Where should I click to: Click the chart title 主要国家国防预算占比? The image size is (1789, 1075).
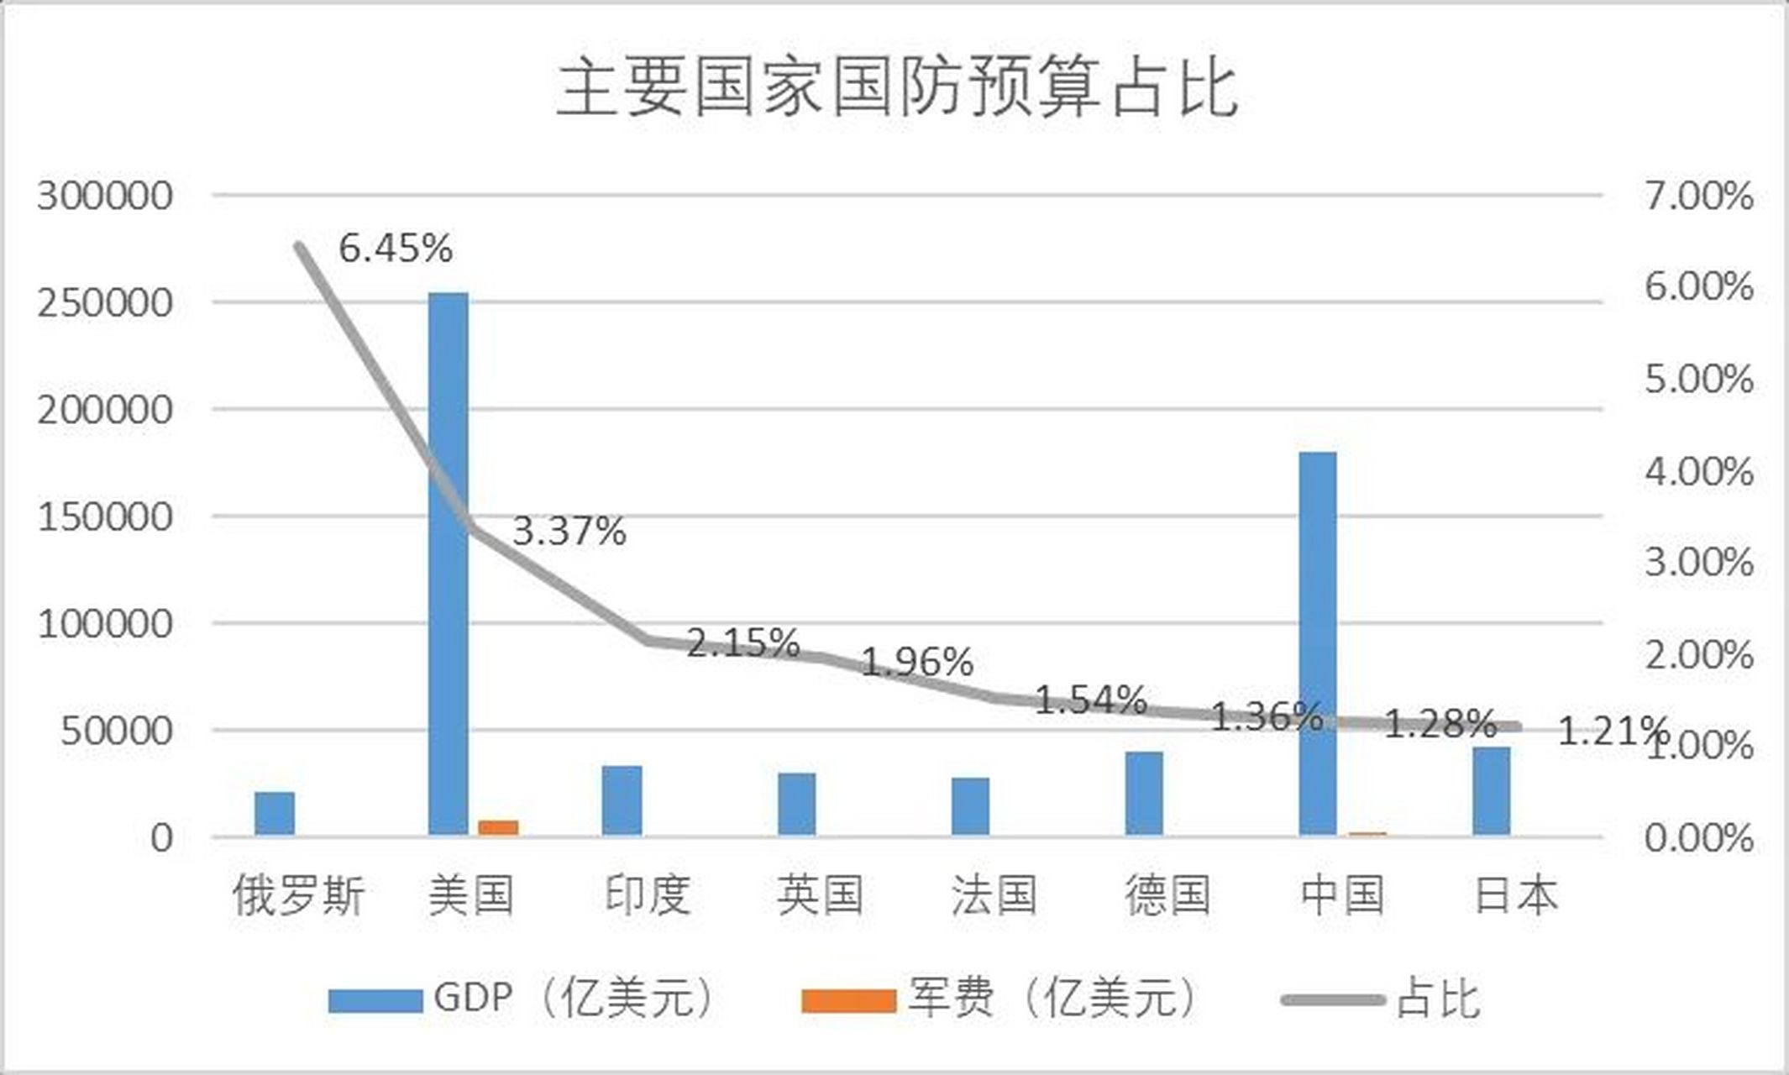point(896,88)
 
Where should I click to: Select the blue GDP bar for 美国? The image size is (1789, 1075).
point(448,563)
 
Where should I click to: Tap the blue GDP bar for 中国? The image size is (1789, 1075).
point(1318,642)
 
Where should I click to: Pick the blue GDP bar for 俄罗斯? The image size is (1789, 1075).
point(275,813)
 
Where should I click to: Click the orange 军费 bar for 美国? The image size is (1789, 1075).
point(498,827)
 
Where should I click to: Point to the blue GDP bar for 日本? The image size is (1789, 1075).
point(1491,790)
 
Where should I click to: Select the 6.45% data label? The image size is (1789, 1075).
point(396,249)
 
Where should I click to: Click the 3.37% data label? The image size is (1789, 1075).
point(569,532)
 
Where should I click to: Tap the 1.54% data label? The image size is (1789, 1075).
point(1090,700)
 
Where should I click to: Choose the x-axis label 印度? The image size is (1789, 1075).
point(647,895)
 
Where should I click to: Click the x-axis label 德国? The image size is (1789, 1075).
point(1167,895)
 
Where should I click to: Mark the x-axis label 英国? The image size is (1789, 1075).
point(820,895)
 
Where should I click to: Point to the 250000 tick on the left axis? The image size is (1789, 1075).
point(105,303)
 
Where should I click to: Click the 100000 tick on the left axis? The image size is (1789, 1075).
point(105,624)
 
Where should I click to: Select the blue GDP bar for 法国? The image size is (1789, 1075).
point(970,806)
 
